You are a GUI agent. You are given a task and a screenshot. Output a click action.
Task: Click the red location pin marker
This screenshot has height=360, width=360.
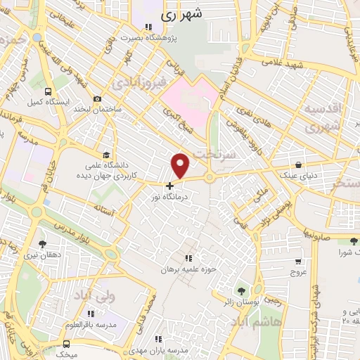181,165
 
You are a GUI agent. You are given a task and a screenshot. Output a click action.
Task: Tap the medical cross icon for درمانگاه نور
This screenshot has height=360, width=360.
169,186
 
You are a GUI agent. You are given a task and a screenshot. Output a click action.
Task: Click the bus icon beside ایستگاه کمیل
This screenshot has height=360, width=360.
48,91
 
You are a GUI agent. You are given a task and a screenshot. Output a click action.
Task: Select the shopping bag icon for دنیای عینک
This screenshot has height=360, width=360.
298,165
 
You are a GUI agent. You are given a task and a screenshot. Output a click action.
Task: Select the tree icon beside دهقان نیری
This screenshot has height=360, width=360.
43,244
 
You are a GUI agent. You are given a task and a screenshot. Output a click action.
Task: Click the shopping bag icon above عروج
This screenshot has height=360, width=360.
298,262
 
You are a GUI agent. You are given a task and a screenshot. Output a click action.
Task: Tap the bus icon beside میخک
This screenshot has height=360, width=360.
66,344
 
